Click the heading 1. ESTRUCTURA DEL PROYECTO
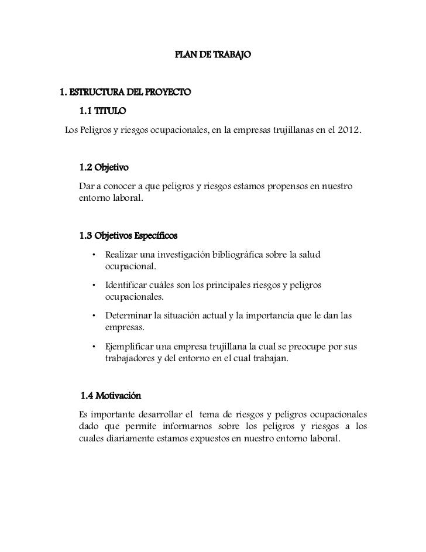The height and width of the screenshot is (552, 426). pos(126,92)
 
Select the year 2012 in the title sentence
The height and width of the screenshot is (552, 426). pos(349,128)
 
